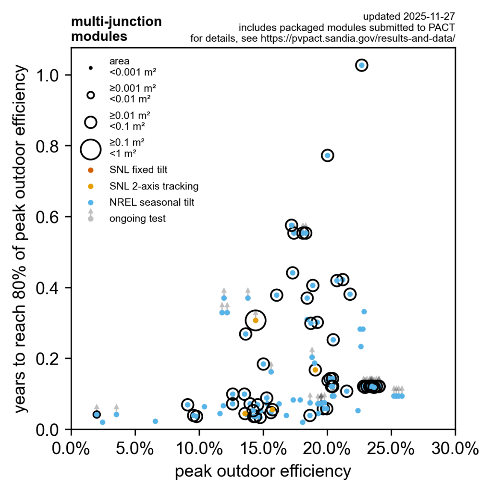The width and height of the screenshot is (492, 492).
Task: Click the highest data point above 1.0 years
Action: (x=362, y=65)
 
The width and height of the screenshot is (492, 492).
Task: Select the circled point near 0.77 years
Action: (x=328, y=155)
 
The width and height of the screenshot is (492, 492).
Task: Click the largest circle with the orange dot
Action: (x=256, y=320)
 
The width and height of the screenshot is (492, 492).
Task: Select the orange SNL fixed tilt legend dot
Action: (x=90, y=170)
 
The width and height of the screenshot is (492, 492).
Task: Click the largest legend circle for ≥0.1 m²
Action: (x=90, y=149)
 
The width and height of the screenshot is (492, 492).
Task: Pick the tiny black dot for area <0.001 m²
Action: (x=90, y=68)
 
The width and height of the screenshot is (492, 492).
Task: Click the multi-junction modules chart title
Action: (x=116, y=29)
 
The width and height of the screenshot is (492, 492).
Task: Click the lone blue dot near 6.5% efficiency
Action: (x=155, y=421)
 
